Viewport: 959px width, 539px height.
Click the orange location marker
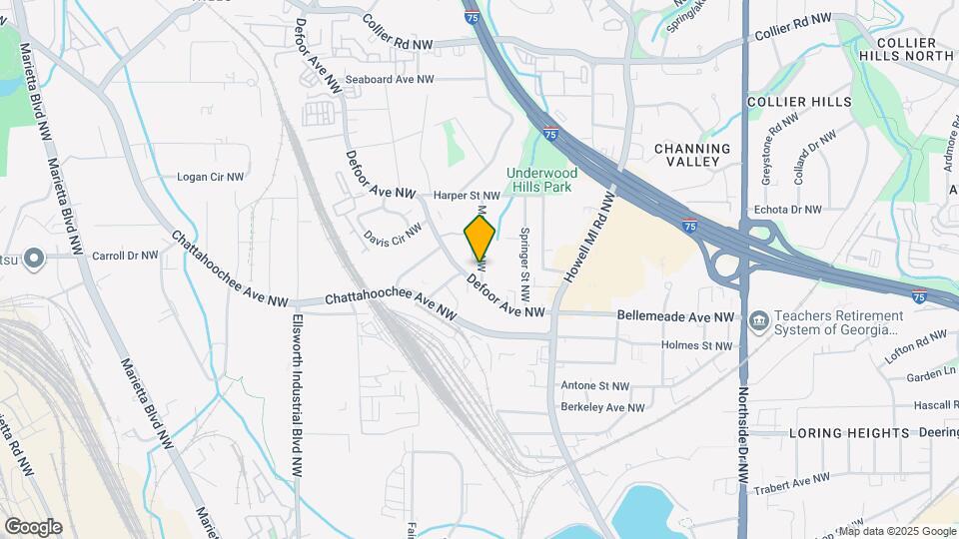click(479, 238)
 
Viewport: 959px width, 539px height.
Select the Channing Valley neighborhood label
click(692, 155)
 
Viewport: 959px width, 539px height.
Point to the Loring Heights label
click(849, 433)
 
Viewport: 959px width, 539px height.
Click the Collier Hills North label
click(906, 49)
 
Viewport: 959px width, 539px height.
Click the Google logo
click(33, 527)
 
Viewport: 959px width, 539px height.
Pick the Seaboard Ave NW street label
click(390, 79)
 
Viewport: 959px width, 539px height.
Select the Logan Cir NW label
click(210, 177)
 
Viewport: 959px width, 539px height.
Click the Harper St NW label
click(466, 196)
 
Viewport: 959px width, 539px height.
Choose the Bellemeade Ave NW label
click(675, 316)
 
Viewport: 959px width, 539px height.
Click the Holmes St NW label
click(697, 345)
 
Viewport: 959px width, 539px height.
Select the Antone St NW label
click(595, 385)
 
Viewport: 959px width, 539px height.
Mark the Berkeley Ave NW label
click(602, 407)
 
